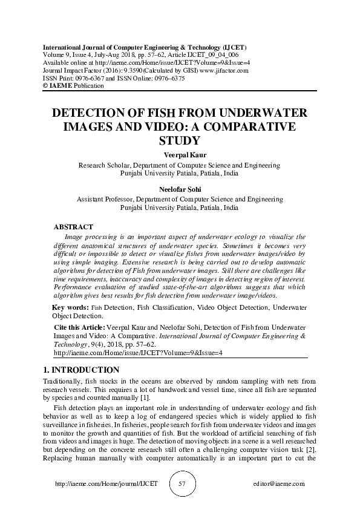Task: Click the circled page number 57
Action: point(180,484)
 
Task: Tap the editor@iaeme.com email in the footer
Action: point(280,484)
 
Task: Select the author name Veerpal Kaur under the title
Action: point(180,155)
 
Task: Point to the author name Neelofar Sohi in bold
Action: point(180,189)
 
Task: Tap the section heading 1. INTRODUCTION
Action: point(82,370)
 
